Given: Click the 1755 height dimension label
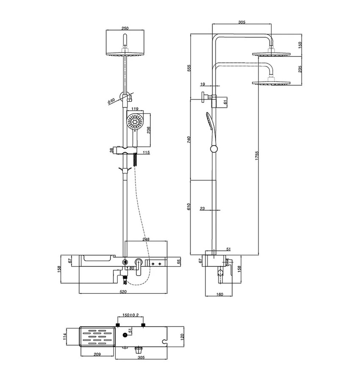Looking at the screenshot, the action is (x=257, y=156).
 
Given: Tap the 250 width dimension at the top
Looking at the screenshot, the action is (x=125, y=28).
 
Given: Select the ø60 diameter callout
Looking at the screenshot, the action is (x=111, y=101).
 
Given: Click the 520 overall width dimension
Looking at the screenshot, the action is (x=123, y=292).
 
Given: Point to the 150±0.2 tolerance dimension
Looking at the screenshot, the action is (x=130, y=315).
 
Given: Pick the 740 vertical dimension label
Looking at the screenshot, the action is (x=189, y=140).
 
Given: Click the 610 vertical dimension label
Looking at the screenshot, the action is (x=189, y=207).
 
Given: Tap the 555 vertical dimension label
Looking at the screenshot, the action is (x=189, y=68).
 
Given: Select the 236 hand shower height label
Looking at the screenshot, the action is (x=149, y=130).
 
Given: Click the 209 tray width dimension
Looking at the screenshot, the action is (x=97, y=354).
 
